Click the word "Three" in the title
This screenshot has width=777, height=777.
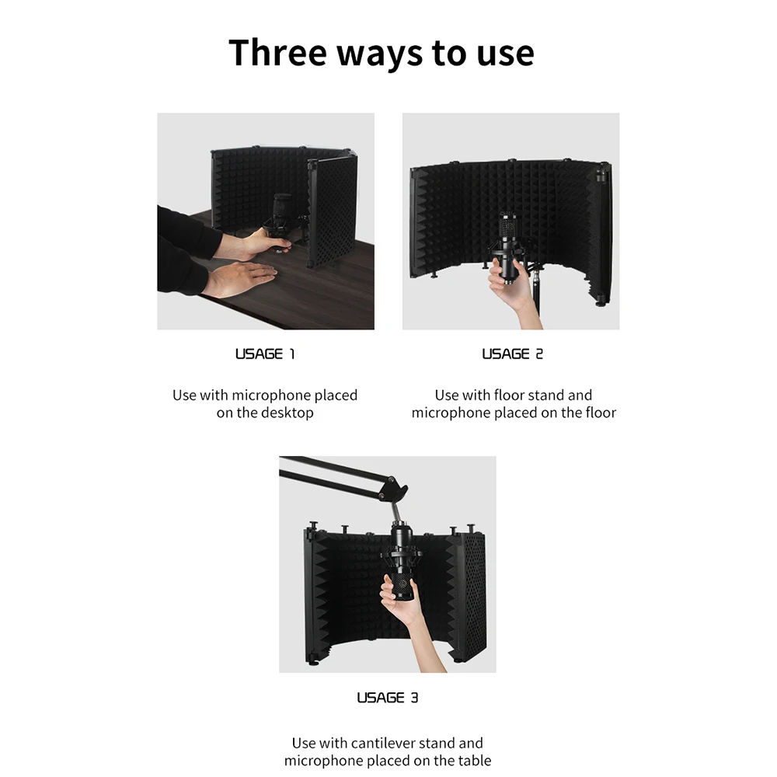(x=278, y=52)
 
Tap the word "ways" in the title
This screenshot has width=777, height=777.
(x=380, y=54)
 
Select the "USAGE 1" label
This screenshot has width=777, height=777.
(x=265, y=354)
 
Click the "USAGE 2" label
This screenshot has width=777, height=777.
(x=512, y=354)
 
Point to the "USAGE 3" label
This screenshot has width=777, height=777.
(x=388, y=698)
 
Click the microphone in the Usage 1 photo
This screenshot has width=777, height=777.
(x=281, y=218)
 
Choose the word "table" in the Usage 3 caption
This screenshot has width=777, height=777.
(x=475, y=760)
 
